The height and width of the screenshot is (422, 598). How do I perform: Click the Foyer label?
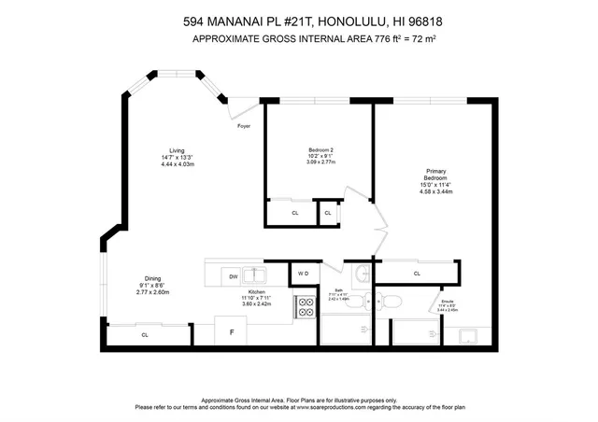[244, 125]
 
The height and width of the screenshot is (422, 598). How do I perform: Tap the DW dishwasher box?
[234, 275]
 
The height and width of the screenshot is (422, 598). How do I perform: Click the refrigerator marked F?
[231, 331]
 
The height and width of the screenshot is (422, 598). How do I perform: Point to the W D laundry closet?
[303, 274]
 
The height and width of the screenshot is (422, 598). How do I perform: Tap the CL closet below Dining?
[145, 334]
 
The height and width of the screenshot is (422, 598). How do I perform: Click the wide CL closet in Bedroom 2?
[294, 213]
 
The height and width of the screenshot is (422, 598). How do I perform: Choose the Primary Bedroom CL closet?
[417, 274]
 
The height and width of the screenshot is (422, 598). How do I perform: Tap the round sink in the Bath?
[361, 274]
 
